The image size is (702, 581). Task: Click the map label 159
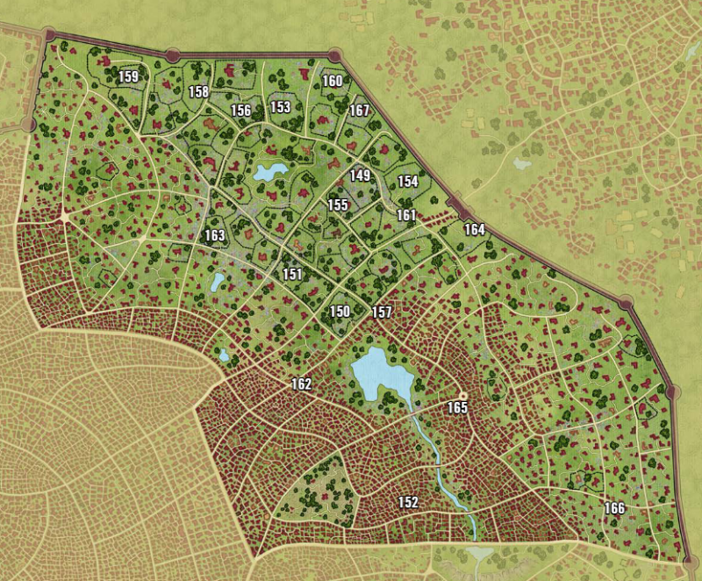(128, 77)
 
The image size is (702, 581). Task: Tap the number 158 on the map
(198, 91)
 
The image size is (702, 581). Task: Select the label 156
(240, 111)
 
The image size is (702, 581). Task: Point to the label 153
(280, 107)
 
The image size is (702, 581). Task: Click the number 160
(332, 81)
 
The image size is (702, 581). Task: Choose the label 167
(359, 111)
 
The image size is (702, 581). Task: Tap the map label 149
(360, 176)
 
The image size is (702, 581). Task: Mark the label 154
(408, 182)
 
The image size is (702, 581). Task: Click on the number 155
(339, 204)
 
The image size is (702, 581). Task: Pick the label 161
(406, 215)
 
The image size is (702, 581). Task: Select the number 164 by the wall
(474, 230)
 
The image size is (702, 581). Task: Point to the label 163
(215, 235)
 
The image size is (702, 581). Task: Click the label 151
(292, 275)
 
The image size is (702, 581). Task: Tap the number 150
(340, 312)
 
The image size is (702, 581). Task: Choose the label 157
(382, 312)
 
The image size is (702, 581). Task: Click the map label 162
(301, 384)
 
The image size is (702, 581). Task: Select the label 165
(457, 408)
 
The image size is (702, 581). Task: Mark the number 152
(408, 502)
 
